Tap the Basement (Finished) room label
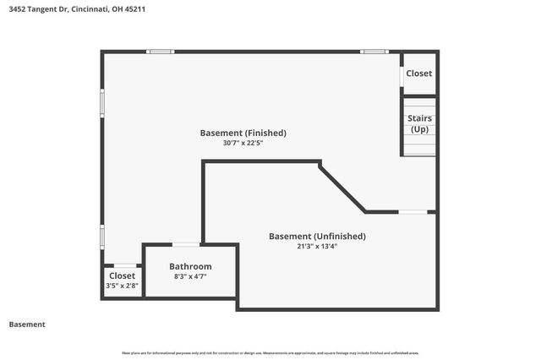[243, 133]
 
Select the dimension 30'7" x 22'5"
[243, 144]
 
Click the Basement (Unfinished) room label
[317, 236]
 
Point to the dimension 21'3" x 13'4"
[317, 247]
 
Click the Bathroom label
[190, 266]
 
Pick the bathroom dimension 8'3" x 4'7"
[190, 276]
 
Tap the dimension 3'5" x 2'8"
[122, 286]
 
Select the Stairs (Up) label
[419, 123]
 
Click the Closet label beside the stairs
[419, 74]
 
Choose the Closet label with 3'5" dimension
[122, 275]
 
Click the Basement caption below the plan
[27, 325]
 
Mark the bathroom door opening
[186, 245]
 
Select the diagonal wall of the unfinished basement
[342, 186]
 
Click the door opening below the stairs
[413, 211]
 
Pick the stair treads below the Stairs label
[419, 147]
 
